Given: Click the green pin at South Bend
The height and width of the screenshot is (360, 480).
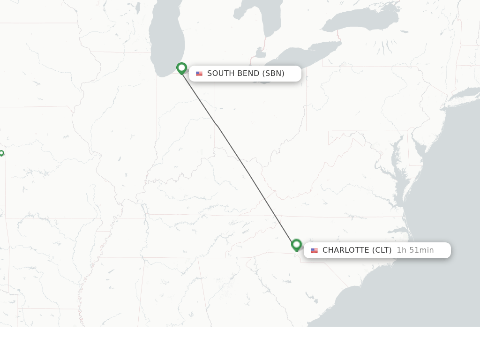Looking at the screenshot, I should [x=182, y=68].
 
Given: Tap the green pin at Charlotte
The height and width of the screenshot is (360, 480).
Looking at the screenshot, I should [x=296, y=245].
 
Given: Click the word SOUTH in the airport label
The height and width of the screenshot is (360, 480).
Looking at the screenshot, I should [x=220, y=74].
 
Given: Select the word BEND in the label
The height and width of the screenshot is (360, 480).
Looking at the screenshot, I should [x=247, y=74].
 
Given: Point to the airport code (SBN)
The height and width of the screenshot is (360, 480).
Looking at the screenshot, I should [x=273, y=74].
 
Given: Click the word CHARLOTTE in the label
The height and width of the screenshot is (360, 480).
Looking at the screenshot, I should [x=346, y=250].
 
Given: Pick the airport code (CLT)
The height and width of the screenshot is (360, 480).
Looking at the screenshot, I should [x=382, y=250].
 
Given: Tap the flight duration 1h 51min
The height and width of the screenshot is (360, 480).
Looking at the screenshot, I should [x=415, y=250].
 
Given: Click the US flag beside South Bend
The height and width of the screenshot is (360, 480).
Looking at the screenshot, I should [x=199, y=74].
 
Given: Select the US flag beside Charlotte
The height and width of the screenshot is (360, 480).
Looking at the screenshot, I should [x=314, y=250].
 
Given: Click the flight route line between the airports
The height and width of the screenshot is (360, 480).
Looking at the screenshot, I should [x=239, y=157].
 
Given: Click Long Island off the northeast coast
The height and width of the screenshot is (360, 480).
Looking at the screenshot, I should [x=464, y=92].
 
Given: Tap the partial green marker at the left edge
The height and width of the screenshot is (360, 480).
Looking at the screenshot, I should [x=1, y=153].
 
